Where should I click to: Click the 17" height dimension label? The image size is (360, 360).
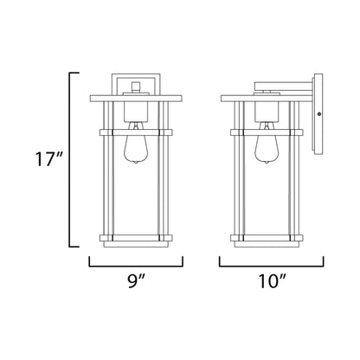[48, 159]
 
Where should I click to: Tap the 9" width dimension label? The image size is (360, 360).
[136, 281]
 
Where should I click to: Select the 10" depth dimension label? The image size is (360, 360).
[272, 281]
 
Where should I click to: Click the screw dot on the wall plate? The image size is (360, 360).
[318, 114]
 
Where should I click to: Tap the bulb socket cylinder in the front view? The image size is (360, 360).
[136, 112]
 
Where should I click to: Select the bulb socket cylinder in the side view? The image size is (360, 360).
[267, 112]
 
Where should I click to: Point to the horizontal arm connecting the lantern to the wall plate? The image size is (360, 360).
[284, 86]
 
